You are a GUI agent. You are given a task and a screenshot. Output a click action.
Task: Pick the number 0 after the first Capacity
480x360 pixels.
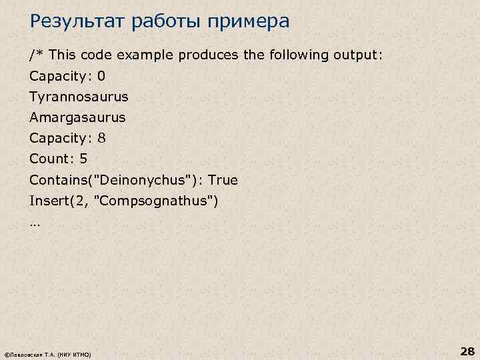pyautogui.click(x=101, y=75)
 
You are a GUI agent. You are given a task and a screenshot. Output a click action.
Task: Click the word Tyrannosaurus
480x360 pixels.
pyautogui.click(x=79, y=97)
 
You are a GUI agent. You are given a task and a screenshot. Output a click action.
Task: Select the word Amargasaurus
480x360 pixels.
pyautogui.click(x=77, y=117)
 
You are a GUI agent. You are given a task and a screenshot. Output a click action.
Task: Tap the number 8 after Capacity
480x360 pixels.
pyautogui.click(x=101, y=139)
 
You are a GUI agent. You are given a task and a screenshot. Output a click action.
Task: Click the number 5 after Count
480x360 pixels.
pyautogui.click(x=83, y=159)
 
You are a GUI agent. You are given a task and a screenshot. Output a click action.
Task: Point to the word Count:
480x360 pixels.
pyautogui.click(x=51, y=159)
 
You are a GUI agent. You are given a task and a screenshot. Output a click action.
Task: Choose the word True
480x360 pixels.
pyautogui.click(x=223, y=180)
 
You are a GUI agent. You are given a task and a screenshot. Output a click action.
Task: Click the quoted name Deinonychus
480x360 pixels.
pyautogui.click(x=143, y=180)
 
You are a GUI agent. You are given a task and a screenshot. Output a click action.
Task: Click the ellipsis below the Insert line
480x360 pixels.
pyautogui.click(x=35, y=223)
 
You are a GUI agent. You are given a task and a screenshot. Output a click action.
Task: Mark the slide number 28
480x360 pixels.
pyautogui.click(x=466, y=351)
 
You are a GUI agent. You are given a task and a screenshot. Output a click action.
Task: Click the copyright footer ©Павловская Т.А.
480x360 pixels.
pyautogui.click(x=30, y=353)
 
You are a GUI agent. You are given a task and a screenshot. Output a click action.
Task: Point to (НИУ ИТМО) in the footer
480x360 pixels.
pyautogui.click(x=75, y=353)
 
